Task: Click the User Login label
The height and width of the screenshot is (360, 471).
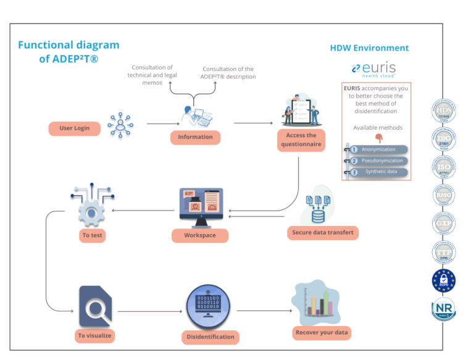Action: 74,128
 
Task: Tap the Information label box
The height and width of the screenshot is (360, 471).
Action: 195,137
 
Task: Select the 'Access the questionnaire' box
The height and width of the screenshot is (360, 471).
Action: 301,140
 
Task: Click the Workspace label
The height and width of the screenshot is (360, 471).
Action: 200,235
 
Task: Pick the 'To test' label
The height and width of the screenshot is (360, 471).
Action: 92,235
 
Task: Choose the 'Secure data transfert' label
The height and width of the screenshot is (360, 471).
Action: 322,233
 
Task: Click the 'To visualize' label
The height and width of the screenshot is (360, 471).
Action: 94,336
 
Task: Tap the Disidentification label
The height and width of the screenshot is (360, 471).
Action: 211,337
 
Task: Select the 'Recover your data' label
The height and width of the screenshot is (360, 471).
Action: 322,332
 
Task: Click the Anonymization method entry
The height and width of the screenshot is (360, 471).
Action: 378,149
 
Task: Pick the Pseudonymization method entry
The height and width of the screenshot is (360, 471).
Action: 378,161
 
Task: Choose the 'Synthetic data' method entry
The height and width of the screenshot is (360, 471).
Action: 378,172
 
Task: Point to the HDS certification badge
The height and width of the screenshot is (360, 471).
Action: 444,111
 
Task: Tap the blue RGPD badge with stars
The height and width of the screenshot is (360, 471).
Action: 444,280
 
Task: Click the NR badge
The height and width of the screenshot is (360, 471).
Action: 444,309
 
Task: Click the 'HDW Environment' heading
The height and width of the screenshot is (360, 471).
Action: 369,48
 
